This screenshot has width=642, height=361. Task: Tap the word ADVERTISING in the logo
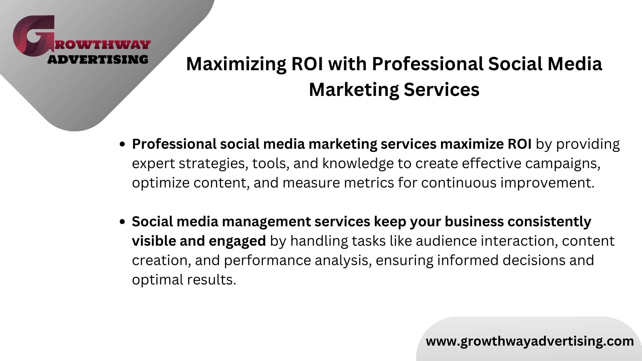98,59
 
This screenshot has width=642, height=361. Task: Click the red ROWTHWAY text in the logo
103,44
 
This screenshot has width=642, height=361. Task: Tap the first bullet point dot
122,144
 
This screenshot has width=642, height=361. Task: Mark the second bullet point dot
122,222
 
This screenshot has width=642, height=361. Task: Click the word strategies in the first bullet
213,164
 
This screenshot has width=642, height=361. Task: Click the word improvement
547,183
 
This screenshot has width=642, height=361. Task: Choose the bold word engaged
237,241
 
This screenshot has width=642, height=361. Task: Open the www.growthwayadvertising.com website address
530,341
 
